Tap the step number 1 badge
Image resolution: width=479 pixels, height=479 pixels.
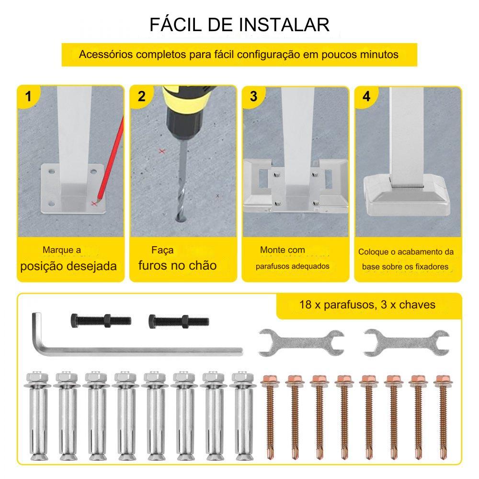[28, 97]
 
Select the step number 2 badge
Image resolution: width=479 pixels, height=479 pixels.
[141, 97]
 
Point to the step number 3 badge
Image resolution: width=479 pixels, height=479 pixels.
[253, 97]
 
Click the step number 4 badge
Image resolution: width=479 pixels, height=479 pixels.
[366, 97]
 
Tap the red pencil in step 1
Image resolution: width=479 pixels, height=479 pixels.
[111, 159]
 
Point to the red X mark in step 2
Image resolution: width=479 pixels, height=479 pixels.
[162, 151]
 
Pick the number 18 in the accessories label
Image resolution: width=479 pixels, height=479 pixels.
[306, 305]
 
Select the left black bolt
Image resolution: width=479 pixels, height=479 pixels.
[101, 321]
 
